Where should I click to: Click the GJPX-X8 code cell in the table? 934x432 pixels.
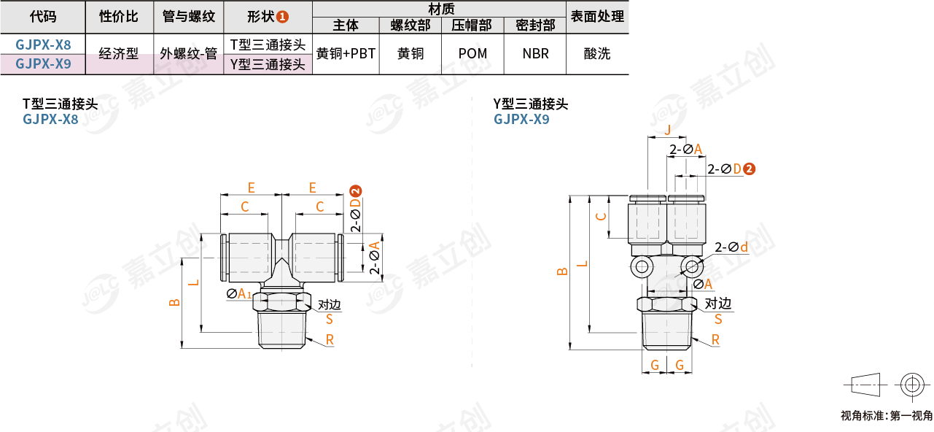[x=43, y=45]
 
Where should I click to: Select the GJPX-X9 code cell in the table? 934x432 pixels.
[x=43, y=64]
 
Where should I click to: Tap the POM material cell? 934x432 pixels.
[x=472, y=53]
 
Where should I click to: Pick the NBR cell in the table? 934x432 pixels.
[x=535, y=53]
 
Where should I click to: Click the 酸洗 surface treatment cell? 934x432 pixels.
[x=597, y=53]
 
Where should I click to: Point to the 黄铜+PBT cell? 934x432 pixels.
[x=346, y=53]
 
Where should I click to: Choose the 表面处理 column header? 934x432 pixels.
[x=597, y=17]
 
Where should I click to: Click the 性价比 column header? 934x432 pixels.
[x=119, y=17]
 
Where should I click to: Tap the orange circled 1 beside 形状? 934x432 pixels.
[x=282, y=17]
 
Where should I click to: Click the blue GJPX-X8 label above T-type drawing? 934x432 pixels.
[x=50, y=120]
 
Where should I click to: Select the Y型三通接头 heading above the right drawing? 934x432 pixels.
[x=530, y=104]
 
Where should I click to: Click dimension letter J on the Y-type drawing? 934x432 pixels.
[x=668, y=130]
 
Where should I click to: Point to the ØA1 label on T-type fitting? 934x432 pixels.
[x=239, y=293]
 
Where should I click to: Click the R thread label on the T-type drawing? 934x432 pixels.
[x=330, y=340]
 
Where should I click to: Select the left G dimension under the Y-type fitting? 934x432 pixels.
[x=655, y=365]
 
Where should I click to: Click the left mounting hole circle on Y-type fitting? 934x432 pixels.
[x=642, y=267]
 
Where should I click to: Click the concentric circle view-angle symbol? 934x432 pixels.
[x=912, y=385]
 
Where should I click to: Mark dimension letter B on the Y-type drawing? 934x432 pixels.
[x=562, y=271]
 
